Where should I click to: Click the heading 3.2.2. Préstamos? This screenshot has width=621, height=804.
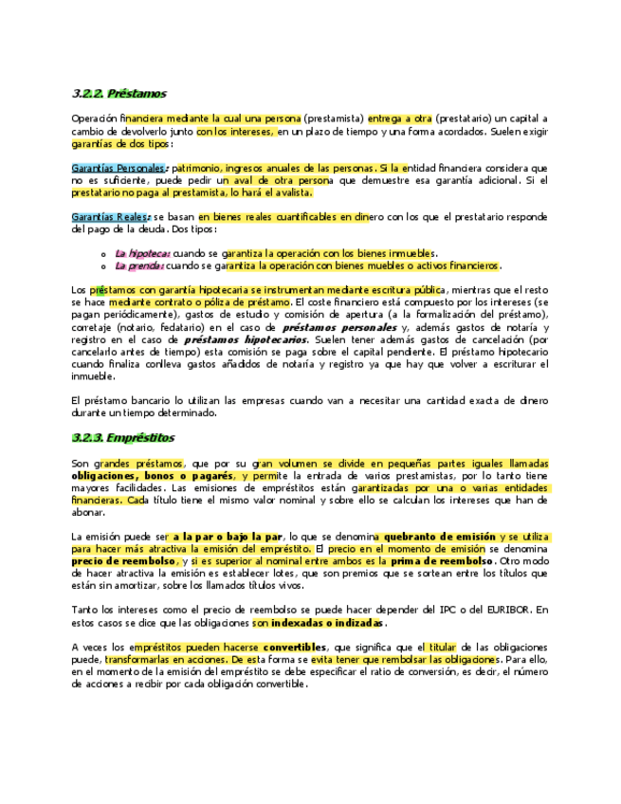point(119,94)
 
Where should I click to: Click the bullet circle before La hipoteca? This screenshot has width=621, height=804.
point(103,254)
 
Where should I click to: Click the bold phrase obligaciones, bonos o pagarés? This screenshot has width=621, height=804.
point(153,474)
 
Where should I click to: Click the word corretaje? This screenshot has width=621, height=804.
point(93,326)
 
